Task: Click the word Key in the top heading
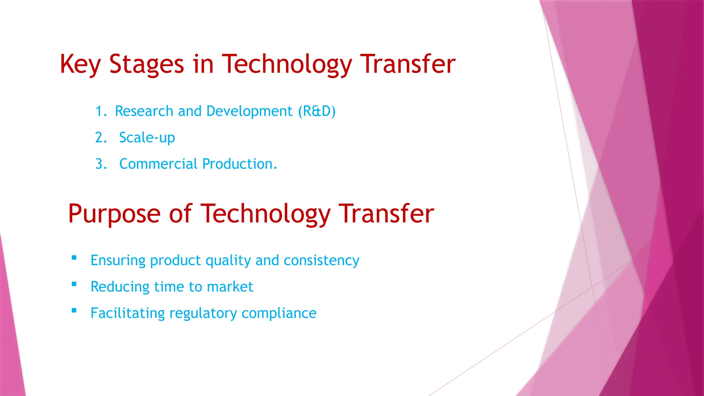[x=80, y=65]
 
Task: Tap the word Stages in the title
[x=147, y=65]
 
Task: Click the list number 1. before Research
[x=101, y=111]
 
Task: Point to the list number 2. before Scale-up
[x=101, y=138]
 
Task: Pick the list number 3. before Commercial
[x=101, y=164]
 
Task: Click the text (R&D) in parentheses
[x=317, y=111]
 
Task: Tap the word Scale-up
[x=147, y=138]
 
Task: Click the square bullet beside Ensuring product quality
[x=74, y=258]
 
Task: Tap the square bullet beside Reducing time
[x=74, y=284]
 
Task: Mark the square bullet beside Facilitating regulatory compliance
[x=74, y=310]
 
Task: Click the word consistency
[x=321, y=261]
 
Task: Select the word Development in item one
[x=249, y=111]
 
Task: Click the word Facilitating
[x=128, y=313]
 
